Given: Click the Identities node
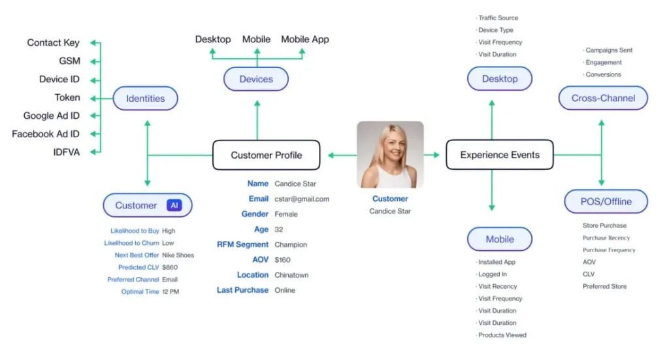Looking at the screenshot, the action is [146, 99].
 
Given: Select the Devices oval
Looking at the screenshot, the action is [256, 79].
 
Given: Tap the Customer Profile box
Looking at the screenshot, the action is [267, 155].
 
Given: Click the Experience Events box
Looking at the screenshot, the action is [500, 155].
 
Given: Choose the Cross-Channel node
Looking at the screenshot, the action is [603, 98].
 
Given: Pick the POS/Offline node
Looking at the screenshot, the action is [606, 201].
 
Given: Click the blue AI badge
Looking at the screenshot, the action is [174, 206].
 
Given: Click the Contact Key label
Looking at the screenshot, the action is [54, 42].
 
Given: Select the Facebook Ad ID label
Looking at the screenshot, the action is [46, 134].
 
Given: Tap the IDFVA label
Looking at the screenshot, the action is [67, 152].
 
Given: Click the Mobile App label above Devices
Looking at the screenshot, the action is [305, 39].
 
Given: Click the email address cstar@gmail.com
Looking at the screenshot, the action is [302, 199].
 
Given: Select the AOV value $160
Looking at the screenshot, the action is [282, 260].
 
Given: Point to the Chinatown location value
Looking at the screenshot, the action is [291, 275].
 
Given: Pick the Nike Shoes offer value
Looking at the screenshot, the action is [178, 255].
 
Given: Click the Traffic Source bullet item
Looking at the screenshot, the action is [497, 18].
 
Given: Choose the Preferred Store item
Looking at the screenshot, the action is [604, 287].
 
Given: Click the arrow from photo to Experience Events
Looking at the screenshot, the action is [432, 155].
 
